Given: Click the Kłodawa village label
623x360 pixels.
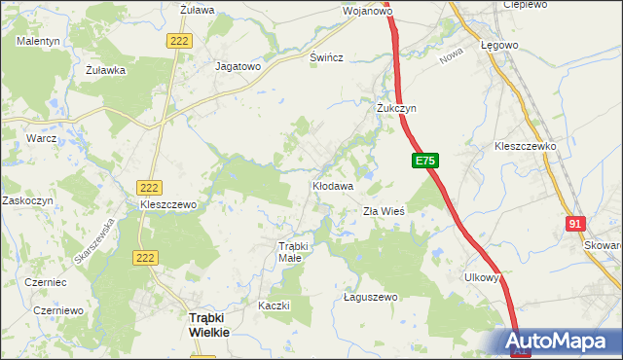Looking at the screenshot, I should pyautogui.click(x=332, y=184).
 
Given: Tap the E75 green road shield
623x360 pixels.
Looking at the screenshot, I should pyautogui.click(x=425, y=162).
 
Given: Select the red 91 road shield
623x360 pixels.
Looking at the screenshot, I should pyautogui.click(x=574, y=224).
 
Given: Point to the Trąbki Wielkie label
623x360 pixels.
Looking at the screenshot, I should pyautogui.click(x=208, y=324).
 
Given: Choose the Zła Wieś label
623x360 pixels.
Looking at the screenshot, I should pyautogui.click(x=384, y=210).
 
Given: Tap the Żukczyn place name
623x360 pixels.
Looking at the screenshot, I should pyautogui.click(x=396, y=108).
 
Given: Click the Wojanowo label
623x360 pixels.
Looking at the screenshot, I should pyautogui.click(x=367, y=12).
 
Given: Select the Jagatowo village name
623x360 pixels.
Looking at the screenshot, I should pyautogui.click(x=238, y=67).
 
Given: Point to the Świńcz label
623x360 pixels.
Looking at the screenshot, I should pyautogui.click(x=326, y=57).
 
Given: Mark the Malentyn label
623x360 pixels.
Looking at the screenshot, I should pyautogui.click(x=38, y=41).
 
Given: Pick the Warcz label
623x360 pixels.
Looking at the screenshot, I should pyautogui.click(x=43, y=138).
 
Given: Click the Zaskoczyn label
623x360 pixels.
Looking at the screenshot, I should pyautogui.click(x=27, y=199).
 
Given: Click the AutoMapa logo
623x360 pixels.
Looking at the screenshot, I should pyautogui.click(x=560, y=341).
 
